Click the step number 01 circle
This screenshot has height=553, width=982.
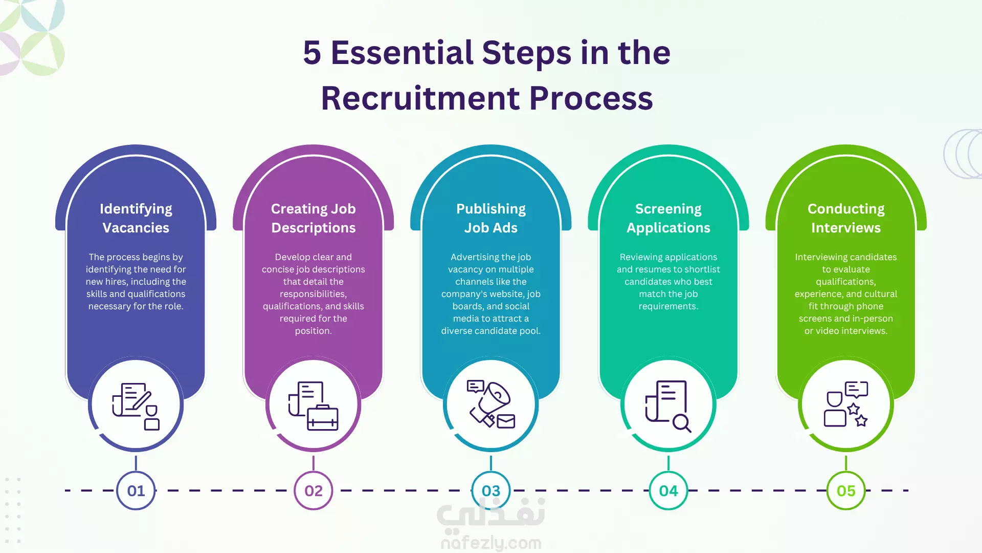(136, 491)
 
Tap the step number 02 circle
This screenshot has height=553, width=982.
(314, 491)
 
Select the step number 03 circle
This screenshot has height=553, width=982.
(491, 491)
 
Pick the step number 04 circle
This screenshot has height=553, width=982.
(668, 491)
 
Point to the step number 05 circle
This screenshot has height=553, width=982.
(846, 491)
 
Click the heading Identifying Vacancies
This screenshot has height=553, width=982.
(136, 218)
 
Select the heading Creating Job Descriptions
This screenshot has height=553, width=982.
(314, 218)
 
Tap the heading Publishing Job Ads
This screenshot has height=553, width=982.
(491, 218)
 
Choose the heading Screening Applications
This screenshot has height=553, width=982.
(668, 218)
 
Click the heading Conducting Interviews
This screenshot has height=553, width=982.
(846, 218)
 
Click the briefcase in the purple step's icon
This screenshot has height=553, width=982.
(323, 418)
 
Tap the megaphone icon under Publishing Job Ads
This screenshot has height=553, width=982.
(490, 402)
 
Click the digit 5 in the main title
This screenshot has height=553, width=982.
(312, 53)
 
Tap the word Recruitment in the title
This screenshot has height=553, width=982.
(420, 98)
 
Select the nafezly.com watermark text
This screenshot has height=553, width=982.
(491, 543)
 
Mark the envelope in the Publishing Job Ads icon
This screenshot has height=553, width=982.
(506, 421)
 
